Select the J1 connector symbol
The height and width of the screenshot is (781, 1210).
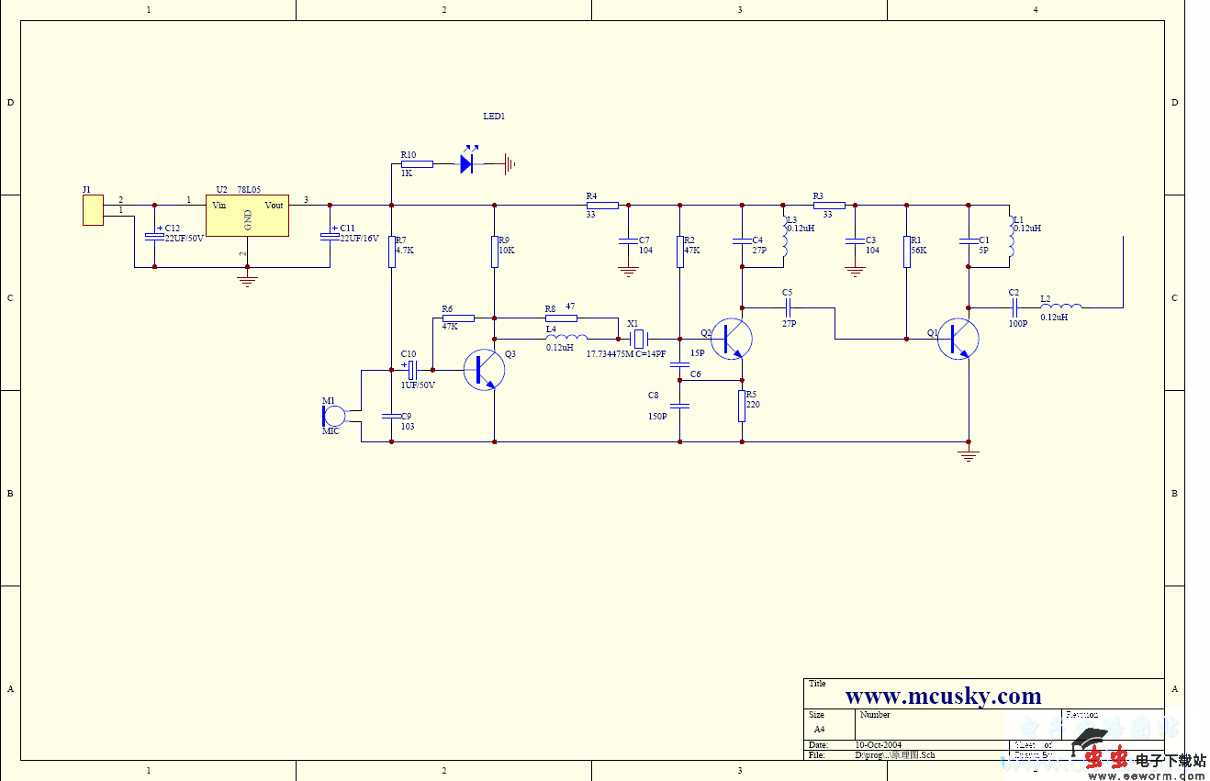coord(93,210)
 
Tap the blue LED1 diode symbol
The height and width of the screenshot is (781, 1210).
coord(467,164)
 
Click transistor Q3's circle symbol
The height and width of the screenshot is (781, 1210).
coord(484,370)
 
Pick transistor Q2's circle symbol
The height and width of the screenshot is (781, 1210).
coord(732,339)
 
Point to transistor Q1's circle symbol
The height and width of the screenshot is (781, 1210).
coord(958,340)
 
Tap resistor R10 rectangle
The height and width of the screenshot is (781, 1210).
coord(417,164)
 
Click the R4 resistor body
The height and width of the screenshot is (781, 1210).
coord(602,206)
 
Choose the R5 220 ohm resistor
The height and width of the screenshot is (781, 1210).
coord(742,406)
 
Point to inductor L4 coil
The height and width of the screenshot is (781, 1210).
coord(566,338)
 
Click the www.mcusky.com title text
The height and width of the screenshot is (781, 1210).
coord(943,697)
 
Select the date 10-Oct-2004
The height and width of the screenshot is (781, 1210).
coord(879,744)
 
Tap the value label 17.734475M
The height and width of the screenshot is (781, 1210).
coord(609,354)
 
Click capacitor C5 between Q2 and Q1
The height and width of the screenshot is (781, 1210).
coord(788,307)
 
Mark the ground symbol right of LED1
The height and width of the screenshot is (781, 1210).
coord(509,164)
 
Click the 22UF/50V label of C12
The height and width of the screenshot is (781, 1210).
coord(184,239)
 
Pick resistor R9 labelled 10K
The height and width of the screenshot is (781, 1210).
coord(495,251)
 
